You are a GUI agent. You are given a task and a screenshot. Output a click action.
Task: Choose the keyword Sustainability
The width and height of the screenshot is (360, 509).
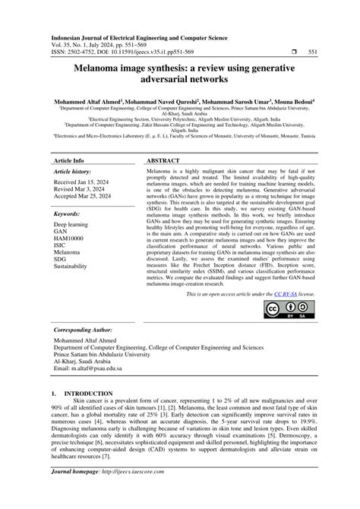75,267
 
